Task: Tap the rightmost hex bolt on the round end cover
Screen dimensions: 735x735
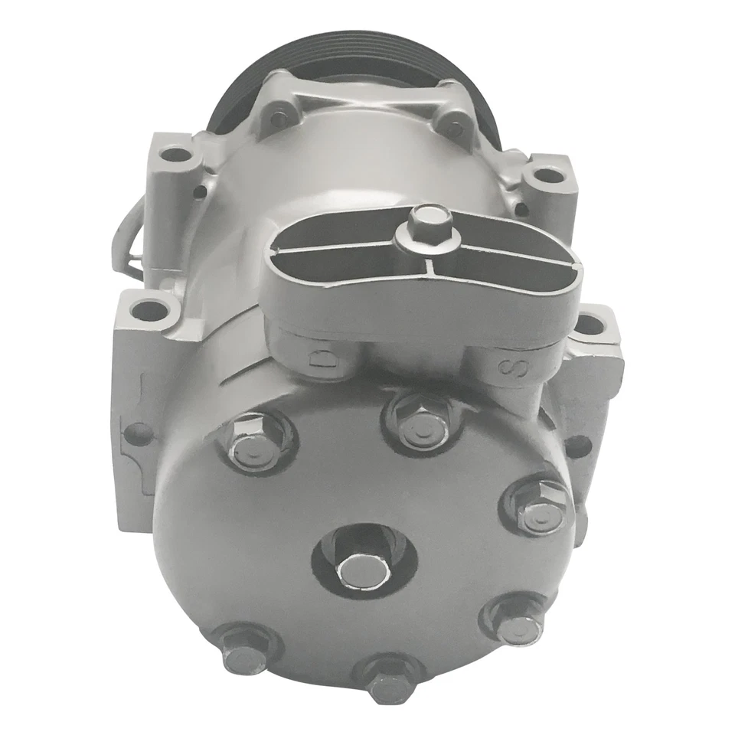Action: click(x=537, y=507)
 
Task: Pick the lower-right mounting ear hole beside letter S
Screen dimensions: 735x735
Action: click(x=590, y=325)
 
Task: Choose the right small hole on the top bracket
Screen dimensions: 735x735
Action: click(x=454, y=129)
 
